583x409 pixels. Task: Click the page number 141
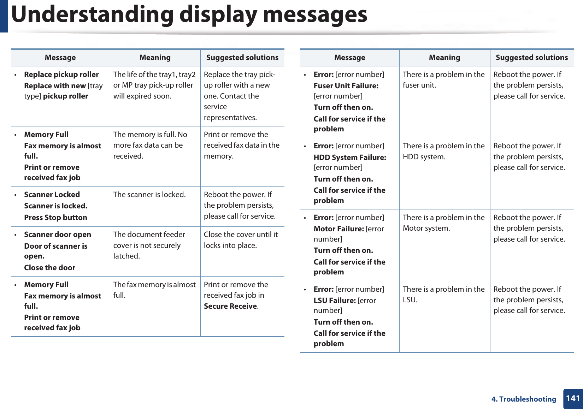tap(573, 398)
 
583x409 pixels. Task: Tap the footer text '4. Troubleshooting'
tap(524, 399)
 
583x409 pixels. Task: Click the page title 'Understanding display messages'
tap(189, 15)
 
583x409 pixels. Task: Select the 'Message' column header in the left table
tap(60, 58)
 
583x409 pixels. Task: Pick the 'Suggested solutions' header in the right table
tap(532, 58)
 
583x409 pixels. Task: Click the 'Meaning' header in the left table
tap(155, 58)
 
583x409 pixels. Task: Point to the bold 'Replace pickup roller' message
tap(61, 75)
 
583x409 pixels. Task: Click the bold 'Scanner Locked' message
tap(52, 195)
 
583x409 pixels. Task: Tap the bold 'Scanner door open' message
tap(58, 235)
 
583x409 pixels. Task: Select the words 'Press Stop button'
tap(55, 218)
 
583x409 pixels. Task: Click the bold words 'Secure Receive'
tap(230, 306)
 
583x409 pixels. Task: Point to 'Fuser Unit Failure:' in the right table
tap(346, 86)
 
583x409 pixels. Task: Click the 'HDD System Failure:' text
tap(350, 158)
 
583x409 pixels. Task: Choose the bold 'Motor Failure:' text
tap(338, 229)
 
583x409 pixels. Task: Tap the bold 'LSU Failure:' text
tap(335, 301)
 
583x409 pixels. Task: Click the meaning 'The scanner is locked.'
tap(149, 195)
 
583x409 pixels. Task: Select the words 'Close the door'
tap(49, 268)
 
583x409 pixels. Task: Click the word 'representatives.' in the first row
tap(230, 118)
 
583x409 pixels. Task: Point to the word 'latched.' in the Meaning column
tap(126, 256)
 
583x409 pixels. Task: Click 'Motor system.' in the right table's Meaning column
tap(426, 228)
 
